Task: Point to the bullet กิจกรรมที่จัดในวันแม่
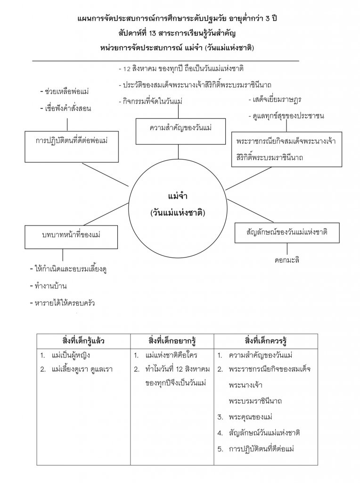pos(152,101)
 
